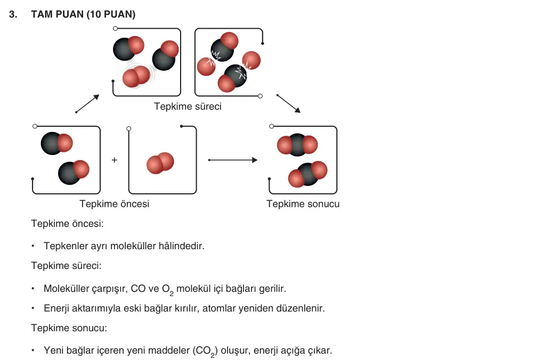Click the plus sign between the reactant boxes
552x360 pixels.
(x=115, y=160)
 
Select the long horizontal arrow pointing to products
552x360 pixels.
(x=233, y=160)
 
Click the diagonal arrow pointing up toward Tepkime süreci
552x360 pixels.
(x=87, y=103)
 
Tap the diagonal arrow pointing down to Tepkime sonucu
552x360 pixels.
(x=288, y=103)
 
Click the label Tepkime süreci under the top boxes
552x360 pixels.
(x=188, y=107)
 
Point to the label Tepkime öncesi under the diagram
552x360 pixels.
(x=115, y=204)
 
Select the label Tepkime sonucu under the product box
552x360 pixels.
(x=303, y=204)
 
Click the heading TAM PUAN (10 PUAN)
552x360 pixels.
(x=83, y=14)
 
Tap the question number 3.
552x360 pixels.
(x=13, y=14)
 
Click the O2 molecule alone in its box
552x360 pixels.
(x=160, y=163)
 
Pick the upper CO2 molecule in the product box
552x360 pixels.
(x=297, y=145)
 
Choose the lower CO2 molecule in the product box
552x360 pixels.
(x=307, y=174)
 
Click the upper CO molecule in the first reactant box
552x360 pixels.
(x=56, y=143)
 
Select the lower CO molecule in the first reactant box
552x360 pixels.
(x=74, y=172)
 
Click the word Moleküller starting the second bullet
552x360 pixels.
(x=67, y=289)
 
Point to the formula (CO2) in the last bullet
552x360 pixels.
(x=205, y=351)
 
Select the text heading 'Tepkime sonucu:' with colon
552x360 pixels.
(x=69, y=328)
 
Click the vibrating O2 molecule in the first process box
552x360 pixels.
(x=136, y=77)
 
